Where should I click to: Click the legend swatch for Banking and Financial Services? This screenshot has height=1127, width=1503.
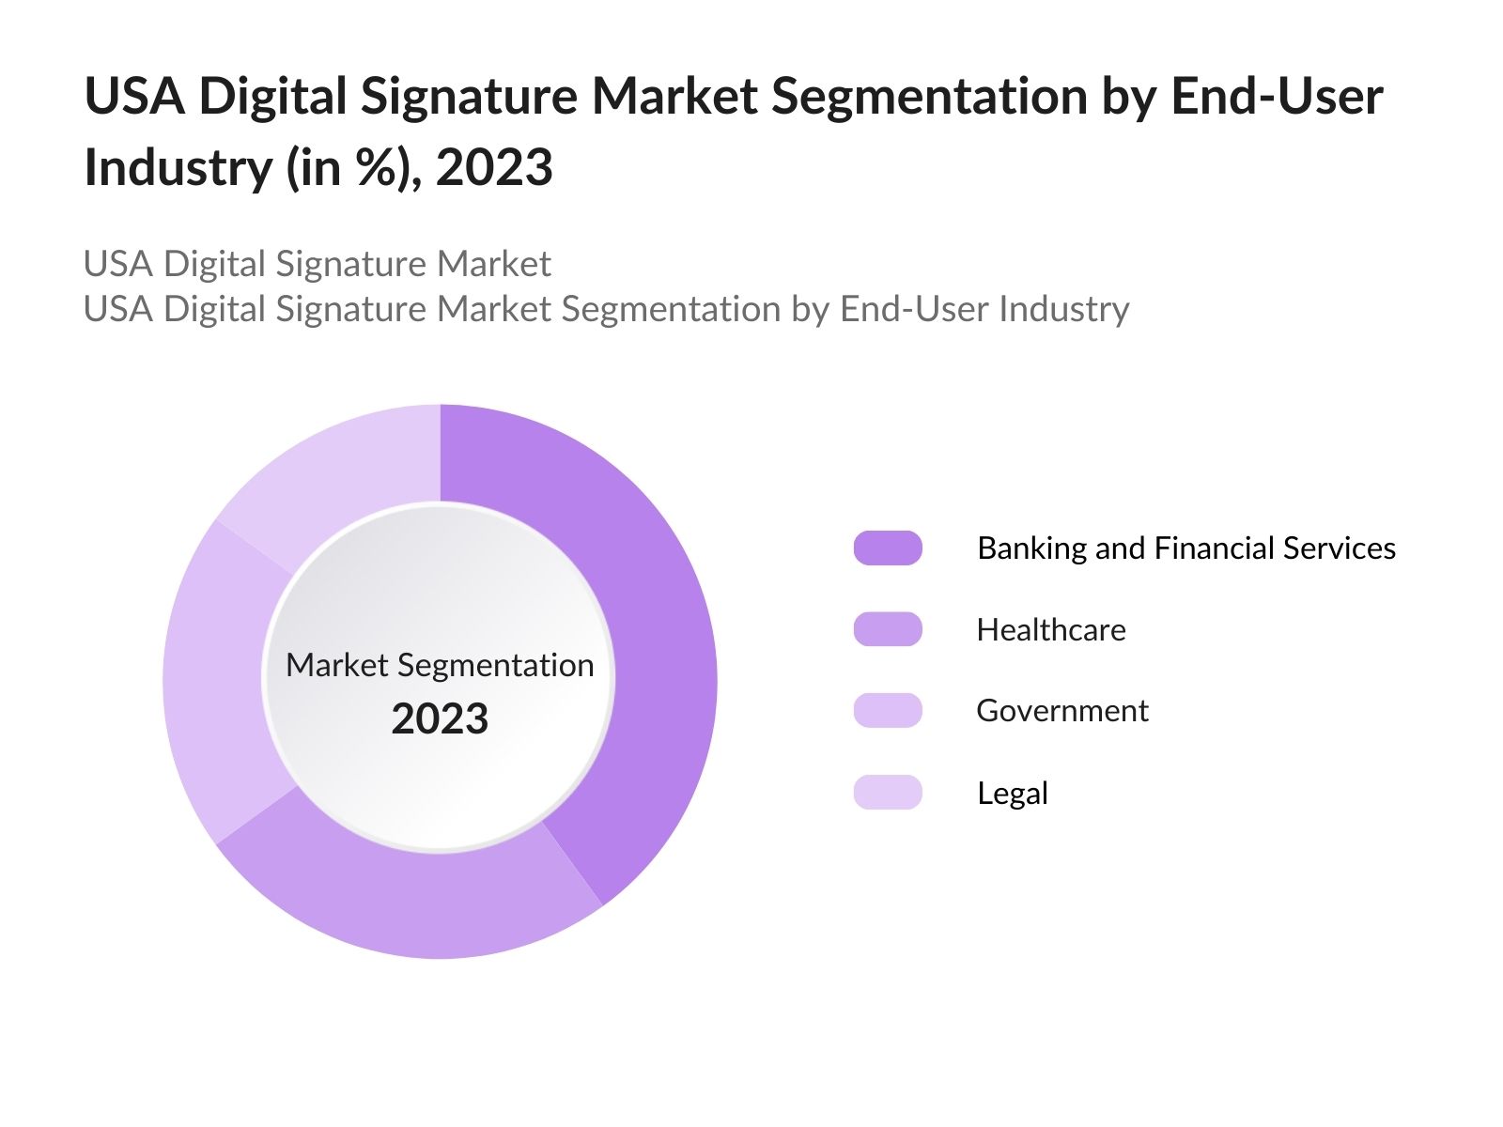[x=888, y=548]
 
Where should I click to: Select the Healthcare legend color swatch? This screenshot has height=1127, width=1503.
[x=888, y=629]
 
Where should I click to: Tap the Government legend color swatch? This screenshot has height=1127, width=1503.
[x=888, y=710]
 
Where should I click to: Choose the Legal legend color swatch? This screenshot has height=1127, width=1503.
[x=888, y=793]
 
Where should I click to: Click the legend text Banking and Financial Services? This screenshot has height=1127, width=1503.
[x=1185, y=548]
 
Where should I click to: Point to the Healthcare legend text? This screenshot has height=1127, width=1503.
[x=1050, y=629]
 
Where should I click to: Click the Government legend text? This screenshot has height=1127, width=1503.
[x=1061, y=710]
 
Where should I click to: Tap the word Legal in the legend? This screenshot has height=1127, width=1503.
[x=1012, y=793]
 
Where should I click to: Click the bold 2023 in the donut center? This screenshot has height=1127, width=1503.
[x=440, y=718]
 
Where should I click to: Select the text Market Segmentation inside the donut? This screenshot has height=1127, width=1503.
[x=440, y=665]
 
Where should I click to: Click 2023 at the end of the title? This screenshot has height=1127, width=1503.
[x=494, y=167]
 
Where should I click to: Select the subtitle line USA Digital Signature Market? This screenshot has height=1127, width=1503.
[x=317, y=264]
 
